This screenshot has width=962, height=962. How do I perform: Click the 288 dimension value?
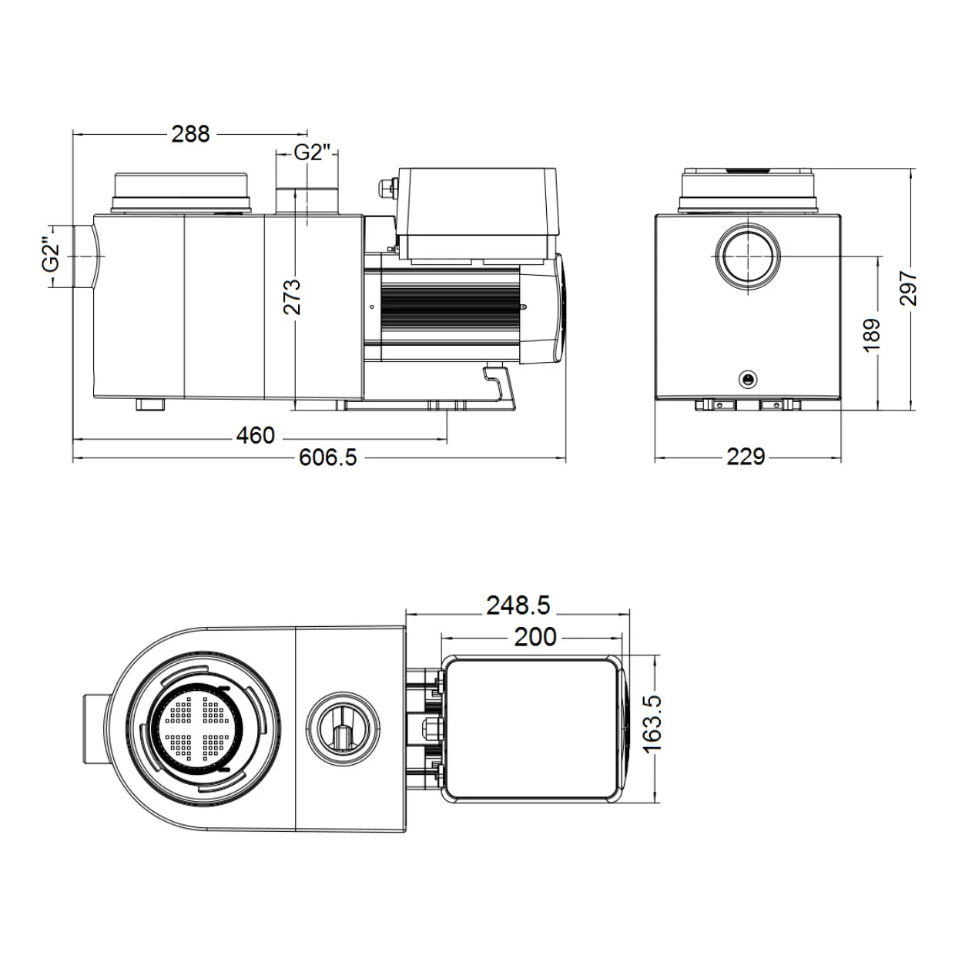coord(190,134)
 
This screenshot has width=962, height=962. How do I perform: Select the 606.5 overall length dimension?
coord(328,458)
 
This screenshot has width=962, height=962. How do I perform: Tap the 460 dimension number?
coord(255,436)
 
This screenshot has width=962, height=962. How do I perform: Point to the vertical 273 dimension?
coord(293,297)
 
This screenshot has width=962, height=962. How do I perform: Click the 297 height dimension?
coord(909,288)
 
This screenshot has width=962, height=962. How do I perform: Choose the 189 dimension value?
coord(871,336)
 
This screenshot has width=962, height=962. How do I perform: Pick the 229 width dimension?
coord(746,458)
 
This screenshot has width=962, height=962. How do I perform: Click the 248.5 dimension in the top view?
coord(518,606)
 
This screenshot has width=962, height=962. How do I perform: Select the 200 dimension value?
coord(535,637)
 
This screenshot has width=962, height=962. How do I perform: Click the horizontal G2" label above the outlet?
coord(313,153)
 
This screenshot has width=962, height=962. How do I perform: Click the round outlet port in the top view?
coord(343,727)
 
